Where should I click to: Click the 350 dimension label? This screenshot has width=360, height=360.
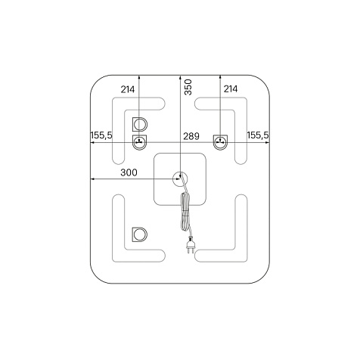[188, 87]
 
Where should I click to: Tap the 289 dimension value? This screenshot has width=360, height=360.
[191, 136]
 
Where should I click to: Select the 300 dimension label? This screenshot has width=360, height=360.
[129, 172]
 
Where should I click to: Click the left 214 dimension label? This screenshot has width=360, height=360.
[128, 89]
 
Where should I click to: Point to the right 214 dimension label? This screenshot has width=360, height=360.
[231, 89]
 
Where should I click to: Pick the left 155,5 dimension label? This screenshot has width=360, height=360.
[101, 135]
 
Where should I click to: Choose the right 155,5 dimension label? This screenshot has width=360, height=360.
[258, 135]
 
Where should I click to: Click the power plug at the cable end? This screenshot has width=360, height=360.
[190, 245]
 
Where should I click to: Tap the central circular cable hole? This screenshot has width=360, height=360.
[179, 179]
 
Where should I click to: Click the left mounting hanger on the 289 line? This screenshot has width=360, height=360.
[139, 142]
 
